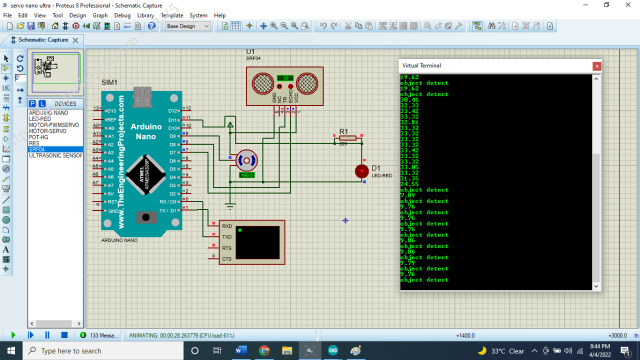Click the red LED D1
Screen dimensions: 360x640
click(x=361, y=171)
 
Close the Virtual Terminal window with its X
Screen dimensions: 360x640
click(x=597, y=65)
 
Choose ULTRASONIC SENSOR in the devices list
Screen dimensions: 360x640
click(x=56, y=156)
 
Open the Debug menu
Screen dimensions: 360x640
click(x=122, y=16)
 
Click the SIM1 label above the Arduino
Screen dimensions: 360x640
click(x=109, y=82)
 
